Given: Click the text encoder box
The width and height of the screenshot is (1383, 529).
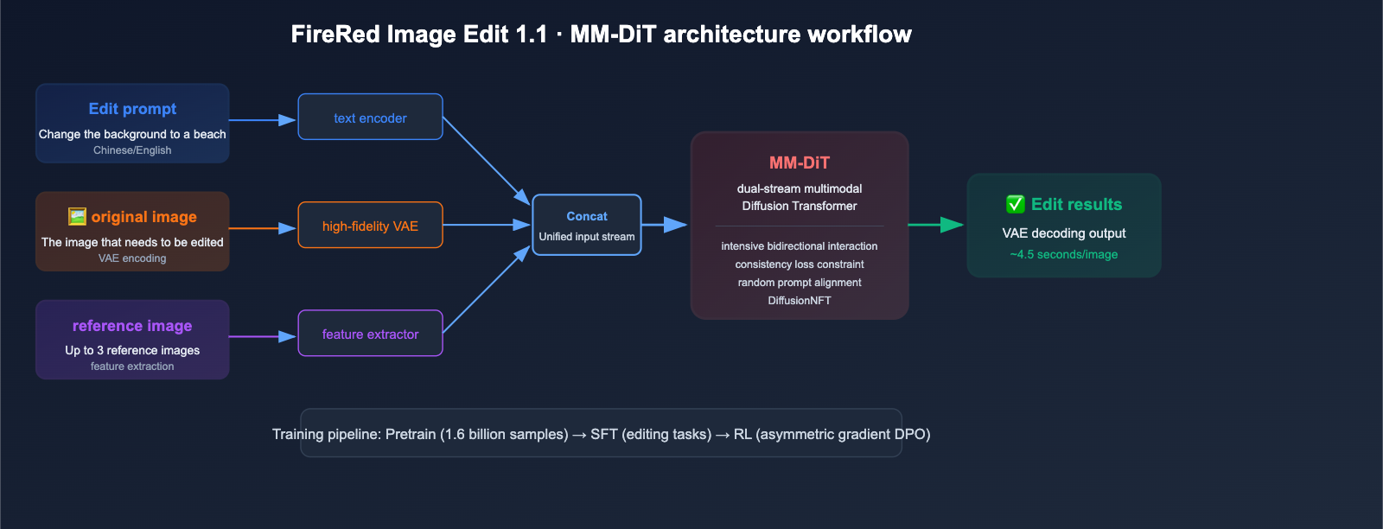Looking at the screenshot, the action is (371, 117).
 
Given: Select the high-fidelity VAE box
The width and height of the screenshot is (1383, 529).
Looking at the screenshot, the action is (371, 225).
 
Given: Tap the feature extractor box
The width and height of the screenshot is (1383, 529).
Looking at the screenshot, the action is (371, 334).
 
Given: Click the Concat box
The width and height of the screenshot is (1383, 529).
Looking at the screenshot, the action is (587, 225).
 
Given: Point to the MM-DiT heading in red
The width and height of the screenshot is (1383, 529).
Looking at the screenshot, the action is (799, 163).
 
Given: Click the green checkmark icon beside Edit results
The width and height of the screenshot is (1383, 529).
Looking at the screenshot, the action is (1015, 204).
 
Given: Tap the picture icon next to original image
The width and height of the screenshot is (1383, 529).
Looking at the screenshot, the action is (77, 217).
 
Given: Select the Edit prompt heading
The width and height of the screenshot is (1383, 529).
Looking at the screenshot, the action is (132, 109).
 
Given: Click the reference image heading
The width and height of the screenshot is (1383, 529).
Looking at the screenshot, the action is (132, 326).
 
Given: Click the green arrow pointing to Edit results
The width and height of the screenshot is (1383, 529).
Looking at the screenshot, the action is (936, 225).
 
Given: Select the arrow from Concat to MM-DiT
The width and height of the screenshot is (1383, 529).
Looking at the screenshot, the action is (665, 225).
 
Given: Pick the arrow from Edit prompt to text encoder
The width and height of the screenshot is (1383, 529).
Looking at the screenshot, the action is (263, 120).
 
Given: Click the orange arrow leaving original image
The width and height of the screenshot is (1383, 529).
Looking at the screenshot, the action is (263, 228).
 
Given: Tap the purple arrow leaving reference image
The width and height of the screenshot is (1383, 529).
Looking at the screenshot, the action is (263, 336).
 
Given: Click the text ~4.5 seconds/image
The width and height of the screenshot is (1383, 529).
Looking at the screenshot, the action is (1064, 254).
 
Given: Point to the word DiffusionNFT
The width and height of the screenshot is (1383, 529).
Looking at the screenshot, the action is (799, 301).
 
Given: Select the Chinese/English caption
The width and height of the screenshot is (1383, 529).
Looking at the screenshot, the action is (132, 150).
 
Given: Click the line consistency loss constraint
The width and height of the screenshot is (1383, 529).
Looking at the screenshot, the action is (799, 264).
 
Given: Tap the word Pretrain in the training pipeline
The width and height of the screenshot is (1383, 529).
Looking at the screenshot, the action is (411, 435).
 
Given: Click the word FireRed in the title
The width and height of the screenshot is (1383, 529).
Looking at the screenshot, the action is (336, 35).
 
